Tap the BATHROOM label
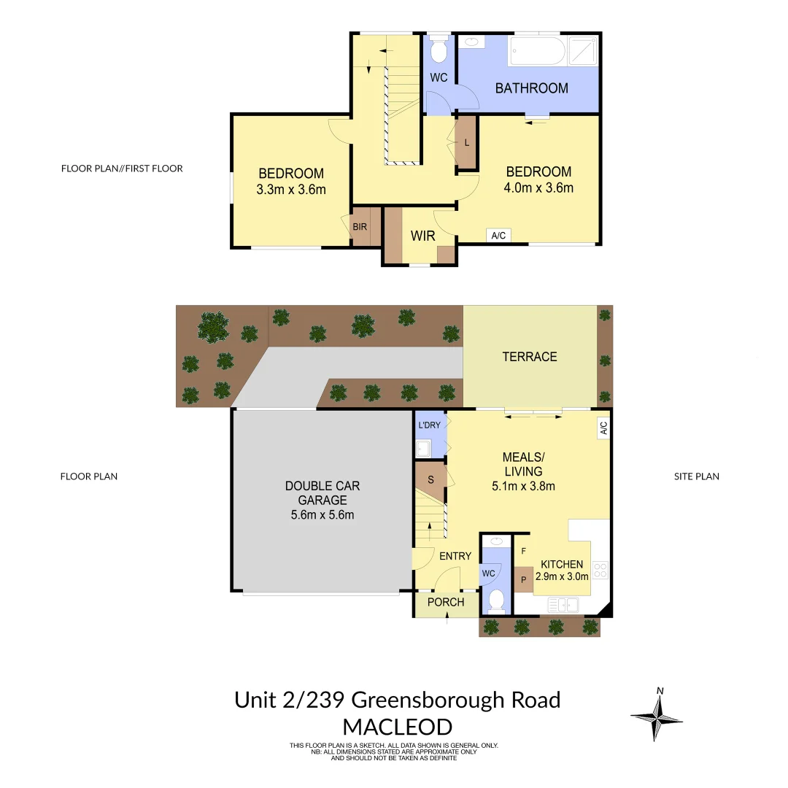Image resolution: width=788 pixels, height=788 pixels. (531, 88)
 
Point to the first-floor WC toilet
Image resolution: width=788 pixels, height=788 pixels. (439, 50)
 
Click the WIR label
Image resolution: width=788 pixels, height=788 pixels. (423, 236)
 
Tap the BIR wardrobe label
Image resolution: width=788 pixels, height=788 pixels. (360, 227)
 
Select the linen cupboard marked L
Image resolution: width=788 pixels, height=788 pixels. (466, 142)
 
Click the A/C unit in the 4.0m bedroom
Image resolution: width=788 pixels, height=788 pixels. (498, 236)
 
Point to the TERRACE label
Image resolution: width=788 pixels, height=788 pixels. (530, 357)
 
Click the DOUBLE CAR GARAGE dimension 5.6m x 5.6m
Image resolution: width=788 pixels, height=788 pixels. (322, 515)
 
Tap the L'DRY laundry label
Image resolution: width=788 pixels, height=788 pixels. (428, 425)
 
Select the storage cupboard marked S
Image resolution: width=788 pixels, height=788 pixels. (430, 480)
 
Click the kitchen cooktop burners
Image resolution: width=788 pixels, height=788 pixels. (600, 570)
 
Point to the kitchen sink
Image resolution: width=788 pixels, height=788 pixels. (563, 604)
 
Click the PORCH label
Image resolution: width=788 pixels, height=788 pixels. (445, 602)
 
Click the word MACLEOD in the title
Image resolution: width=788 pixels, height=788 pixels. (397, 727)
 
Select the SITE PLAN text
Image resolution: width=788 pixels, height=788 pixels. (696, 476)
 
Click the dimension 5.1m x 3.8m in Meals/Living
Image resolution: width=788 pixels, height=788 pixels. (523, 486)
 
